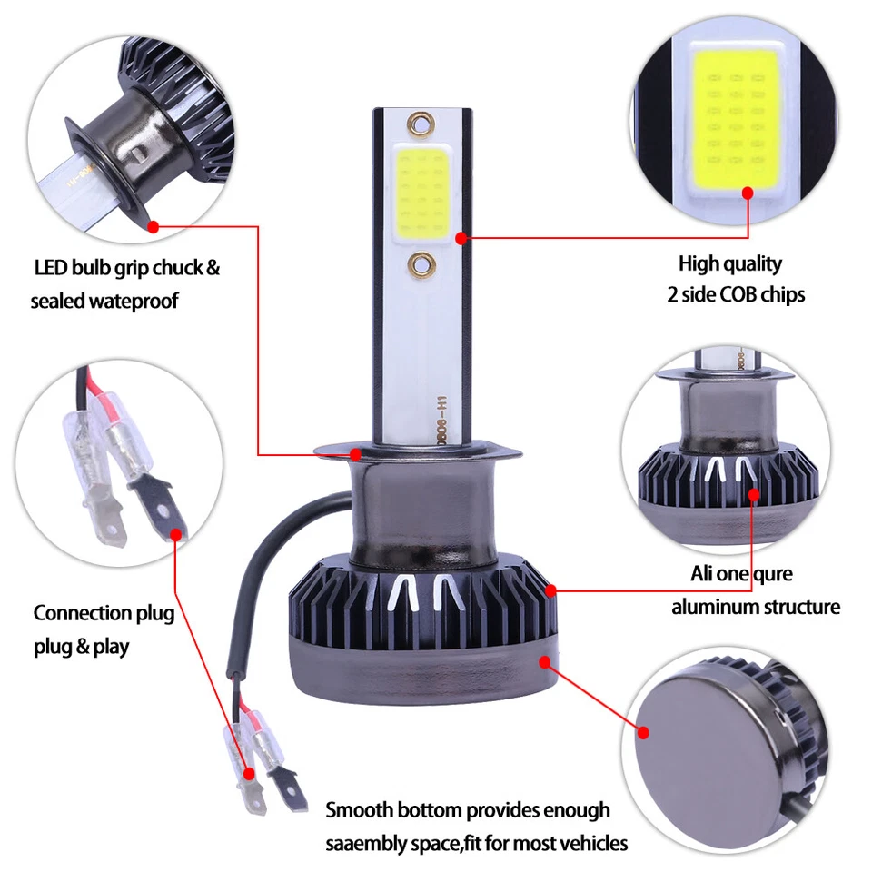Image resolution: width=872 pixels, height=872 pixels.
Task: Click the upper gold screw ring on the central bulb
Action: tap(421, 122)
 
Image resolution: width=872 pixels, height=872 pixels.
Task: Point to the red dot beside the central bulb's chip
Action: tap(461, 238)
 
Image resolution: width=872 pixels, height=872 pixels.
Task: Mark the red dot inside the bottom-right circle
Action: tap(644, 732)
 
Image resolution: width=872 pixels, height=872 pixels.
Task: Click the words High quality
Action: tap(729, 264)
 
